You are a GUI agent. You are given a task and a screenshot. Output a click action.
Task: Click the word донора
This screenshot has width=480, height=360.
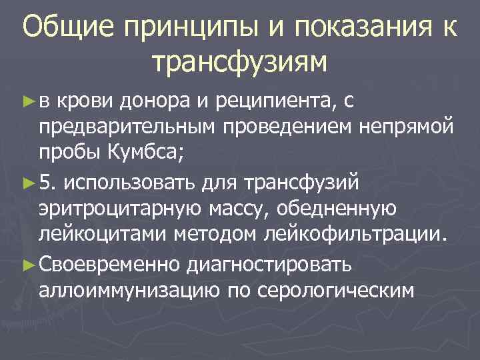pyautogui.click(x=157, y=102)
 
